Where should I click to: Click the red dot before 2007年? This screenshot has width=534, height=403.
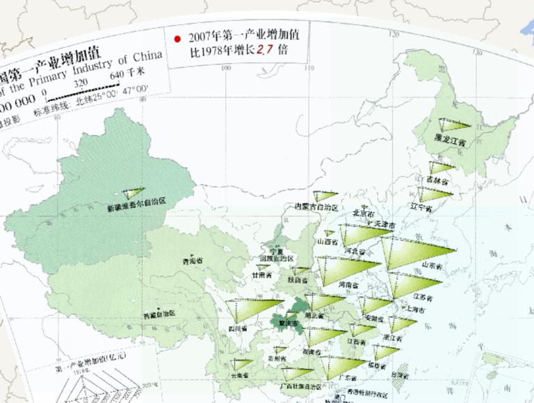tap(179, 38)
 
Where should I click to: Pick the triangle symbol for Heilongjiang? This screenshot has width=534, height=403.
tap(449, 126)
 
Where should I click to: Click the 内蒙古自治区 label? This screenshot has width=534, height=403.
tap(316, 208)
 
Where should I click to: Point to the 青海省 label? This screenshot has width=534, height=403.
tap(193, 261)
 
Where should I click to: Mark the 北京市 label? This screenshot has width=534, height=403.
tap(364, 213)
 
